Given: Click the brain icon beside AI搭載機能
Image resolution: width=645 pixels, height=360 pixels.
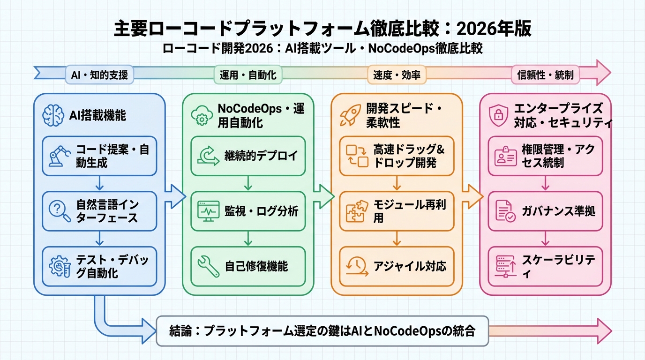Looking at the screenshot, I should (x=53, y=115).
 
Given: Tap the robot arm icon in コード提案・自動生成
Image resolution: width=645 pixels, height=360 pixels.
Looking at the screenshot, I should (x=59, y=157).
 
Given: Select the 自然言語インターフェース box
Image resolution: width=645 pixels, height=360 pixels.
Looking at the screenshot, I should (x=99, y=211).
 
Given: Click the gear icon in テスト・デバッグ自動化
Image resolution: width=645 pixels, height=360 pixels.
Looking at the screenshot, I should (x=59, y=266).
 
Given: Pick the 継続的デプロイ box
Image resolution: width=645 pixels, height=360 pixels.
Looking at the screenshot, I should (x=248, y=156).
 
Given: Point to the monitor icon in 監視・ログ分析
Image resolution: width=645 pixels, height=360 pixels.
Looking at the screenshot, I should (x=208, y=211).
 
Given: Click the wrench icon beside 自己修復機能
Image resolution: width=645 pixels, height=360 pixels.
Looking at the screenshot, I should (x=208, y=266).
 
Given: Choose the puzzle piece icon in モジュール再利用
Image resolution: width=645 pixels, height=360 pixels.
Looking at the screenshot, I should (x=357, y=211).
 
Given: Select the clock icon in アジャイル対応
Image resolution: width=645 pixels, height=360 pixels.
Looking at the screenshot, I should (x=356, y=266).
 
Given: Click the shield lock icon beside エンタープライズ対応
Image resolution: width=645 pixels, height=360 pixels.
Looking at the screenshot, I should (x=497, y=115).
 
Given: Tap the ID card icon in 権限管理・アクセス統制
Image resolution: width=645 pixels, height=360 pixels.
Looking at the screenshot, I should (x=505, y=157).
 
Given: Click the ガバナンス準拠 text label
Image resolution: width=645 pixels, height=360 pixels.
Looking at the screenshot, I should (x=558, y=211).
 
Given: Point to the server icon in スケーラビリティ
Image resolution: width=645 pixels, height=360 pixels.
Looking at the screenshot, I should (x=505, y=266).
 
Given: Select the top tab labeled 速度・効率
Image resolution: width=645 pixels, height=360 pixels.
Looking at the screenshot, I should (x=397, y=75).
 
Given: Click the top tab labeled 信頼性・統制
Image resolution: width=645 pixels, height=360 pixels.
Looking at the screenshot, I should (x=545, y=75).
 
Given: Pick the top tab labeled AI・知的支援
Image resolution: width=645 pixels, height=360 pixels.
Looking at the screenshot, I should (x=99, y=75).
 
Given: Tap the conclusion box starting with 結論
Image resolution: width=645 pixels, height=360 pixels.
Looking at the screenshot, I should (x=322, y=331).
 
